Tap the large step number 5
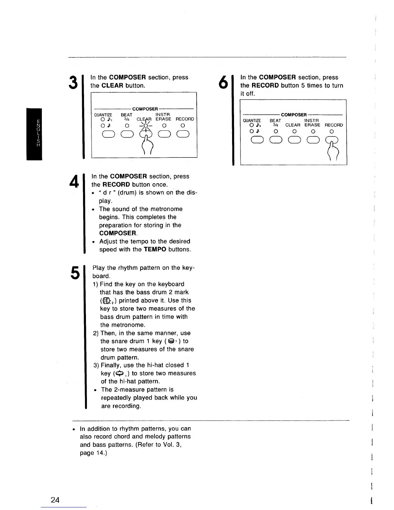pyautogui.click(x=74, y=273)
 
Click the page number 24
pyautogui.click(x=55, y=500)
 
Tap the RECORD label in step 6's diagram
pyautogui.click(x=333, y=125)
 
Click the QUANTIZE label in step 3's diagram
pyautogui.click(x=103, y=115)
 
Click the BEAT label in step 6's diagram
pyautogui.click(x=275, y=120)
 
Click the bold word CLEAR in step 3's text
pyautogui.click(x=112, y=85)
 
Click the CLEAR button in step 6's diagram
pyautogui.click(x=293, y=140)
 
